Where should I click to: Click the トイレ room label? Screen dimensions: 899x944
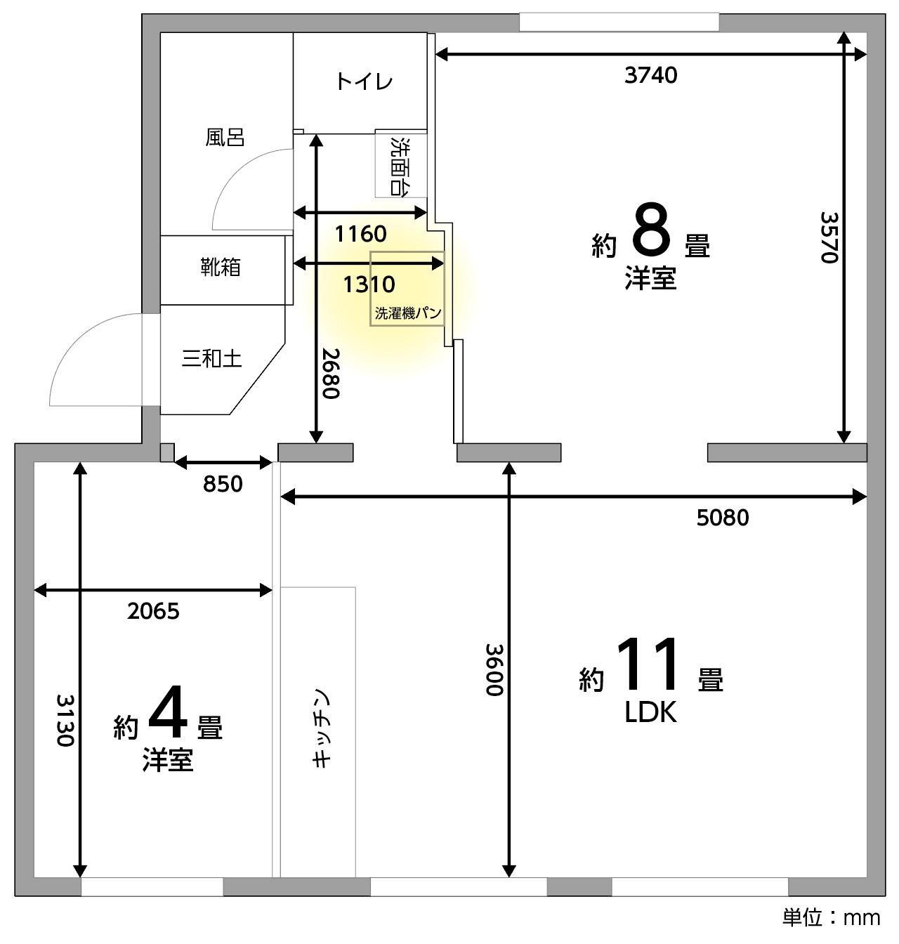pos(364,81)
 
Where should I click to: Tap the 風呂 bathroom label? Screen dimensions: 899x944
pos(225,138)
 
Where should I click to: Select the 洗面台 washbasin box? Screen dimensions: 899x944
pos(401,163)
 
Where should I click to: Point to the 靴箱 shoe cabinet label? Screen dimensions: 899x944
pos(221,267)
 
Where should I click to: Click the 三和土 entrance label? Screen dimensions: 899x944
pos(211,358)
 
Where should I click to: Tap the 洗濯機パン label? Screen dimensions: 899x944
pos(408,313)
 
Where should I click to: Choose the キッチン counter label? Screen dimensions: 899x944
pos(320,728)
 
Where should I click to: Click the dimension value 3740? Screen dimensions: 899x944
pos(650,75)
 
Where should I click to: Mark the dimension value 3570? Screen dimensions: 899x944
pos(829,237)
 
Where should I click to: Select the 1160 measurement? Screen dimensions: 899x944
pos(360,235)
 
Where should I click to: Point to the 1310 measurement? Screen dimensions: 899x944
pos(369,284)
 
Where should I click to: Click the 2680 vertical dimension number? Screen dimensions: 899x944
pos(330,373)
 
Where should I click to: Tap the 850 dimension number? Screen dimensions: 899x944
pos(223,484)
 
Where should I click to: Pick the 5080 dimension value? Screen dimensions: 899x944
pos(723,518)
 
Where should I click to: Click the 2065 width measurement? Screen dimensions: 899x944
pos(153,611)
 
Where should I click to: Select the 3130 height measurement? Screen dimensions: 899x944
pos(65,720)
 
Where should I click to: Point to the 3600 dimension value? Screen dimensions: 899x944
pos(494,670)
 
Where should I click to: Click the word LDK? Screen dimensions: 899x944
pos(650,712)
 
